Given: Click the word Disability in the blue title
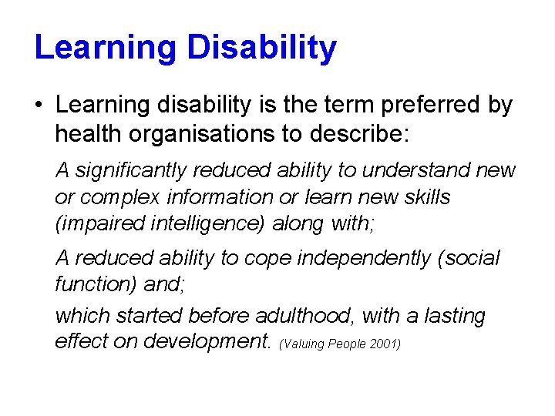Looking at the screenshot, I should tap(261, 47).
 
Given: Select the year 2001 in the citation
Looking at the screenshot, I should tap(384, 344).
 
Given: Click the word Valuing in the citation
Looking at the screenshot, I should tap(304, 344).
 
